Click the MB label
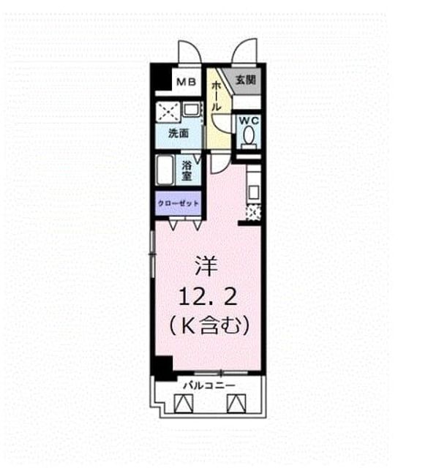(x=186, y=81)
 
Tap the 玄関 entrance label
(x=246, y=80)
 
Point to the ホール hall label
(x=216, y=97)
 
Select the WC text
(x=249, y=121)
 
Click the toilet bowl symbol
(x=249, y=137)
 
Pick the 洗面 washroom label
(x=179, y=133)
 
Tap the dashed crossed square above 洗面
(x=168, y=112)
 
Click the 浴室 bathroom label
(x=187, y=170)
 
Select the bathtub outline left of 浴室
(x=165, y=170)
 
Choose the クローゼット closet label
(x=178, y=203)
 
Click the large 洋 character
(x=206, y=265)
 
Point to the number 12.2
(x=209, y=296)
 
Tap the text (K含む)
(x=209, y=325)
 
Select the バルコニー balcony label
(x=209, y=385)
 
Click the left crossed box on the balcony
(x=183, y=404)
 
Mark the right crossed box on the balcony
(x=236, y=404)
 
